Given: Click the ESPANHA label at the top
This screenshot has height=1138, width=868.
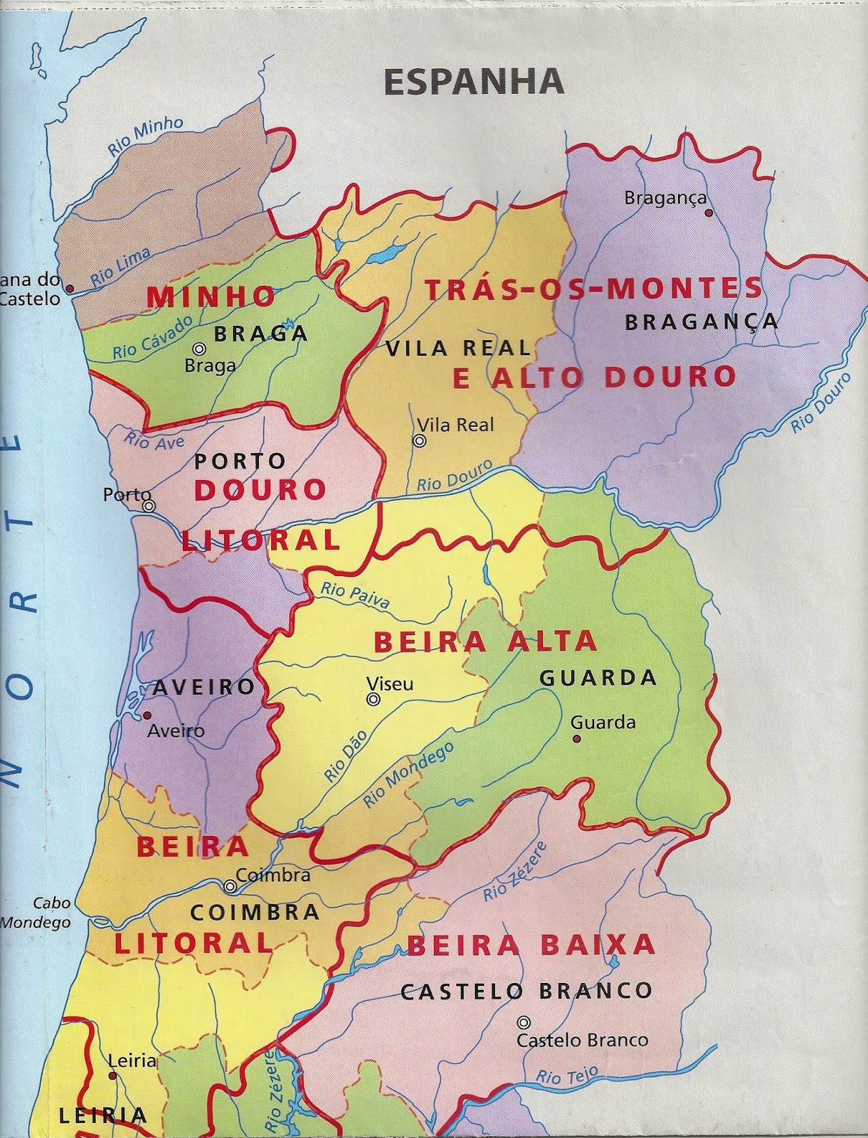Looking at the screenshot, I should tap(474, 83).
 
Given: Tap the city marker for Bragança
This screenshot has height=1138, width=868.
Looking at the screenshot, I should tap(709, 212).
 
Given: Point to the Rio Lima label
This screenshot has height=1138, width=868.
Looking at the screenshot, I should tap(121, 267).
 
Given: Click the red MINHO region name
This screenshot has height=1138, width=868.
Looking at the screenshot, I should tap(211, 297).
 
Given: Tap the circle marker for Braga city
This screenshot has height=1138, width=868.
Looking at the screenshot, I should tap(199, 349).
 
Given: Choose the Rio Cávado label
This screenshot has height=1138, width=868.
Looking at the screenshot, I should tap(153, 336).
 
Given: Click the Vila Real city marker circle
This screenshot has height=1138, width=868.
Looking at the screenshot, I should tap(420, 441).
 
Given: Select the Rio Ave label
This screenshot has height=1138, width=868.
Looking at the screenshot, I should tap(154, 441).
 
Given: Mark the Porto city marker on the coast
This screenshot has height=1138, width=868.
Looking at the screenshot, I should tap(149, 506).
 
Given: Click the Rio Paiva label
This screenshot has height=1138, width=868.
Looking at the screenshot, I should tap(355, 596).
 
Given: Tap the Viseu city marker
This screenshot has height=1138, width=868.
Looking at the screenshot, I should tap(373, 700).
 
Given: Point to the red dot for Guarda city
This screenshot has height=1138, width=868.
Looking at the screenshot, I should tap(577, 739).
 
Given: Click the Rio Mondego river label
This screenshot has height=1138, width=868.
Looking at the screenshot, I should tap(408, 775).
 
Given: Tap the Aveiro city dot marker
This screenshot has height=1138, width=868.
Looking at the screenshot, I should tap(147, 716).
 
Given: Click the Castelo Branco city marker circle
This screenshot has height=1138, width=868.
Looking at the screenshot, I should tap(524, 1023).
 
